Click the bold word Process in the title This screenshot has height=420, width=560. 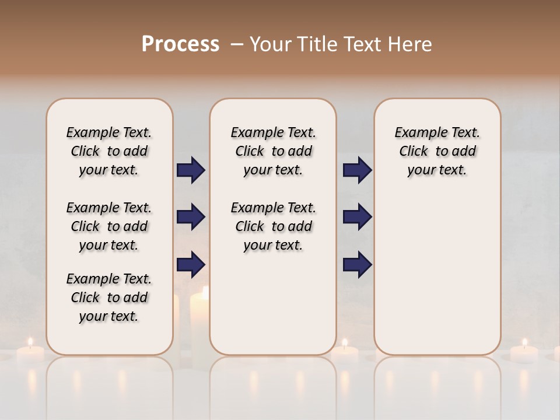[x=180, y=44]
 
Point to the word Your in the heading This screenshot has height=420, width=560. [x=271, y=44]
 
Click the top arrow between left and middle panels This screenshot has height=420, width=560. [x=191, y=170]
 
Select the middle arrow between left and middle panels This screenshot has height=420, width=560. [x=191, y=217]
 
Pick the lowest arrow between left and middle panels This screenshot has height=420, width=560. [x=191, y=264]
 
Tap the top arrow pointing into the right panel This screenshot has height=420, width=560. [x=357, y=170]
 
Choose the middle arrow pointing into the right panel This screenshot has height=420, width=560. [x=357, y=217]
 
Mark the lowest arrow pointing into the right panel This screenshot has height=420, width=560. [x=357, y=264]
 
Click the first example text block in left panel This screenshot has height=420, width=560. [x=109, y=151]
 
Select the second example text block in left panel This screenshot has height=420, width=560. [x=109, y=226]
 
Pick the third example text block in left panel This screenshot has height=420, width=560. [x=109, y=297]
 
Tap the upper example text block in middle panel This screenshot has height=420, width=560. [x=273, y=151]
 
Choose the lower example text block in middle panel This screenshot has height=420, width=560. [x=273, y=226]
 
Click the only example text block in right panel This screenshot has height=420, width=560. [x=437, y=151]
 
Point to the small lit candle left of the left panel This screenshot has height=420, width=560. [x=30, y=352]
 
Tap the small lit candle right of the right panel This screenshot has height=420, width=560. [x=524, y=352]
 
